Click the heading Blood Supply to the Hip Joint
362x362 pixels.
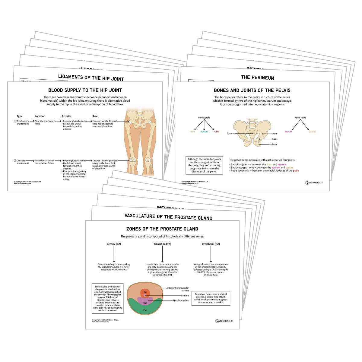point(85,90)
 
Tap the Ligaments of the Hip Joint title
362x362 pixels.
point(91,78)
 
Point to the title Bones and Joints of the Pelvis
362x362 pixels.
point(252,90)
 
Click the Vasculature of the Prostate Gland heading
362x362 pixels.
point(168,217)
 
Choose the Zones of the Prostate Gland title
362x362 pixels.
point(162,229)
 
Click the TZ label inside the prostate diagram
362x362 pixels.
point(145,292)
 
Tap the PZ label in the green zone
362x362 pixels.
point(145,310)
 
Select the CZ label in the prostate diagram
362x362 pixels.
point(145,303)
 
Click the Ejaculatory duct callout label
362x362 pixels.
point(181,300)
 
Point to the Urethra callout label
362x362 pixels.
point(185,296)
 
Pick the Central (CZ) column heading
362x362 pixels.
point(114,244)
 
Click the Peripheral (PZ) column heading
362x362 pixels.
point(211,244)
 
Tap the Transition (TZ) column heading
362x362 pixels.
point(162,244)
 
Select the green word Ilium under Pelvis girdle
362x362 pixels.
point(192,132)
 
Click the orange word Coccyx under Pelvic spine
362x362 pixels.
point(312,132)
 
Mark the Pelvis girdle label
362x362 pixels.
point(204,118)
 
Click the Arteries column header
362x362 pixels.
point(66,116)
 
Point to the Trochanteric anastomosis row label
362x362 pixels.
point(23,122)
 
